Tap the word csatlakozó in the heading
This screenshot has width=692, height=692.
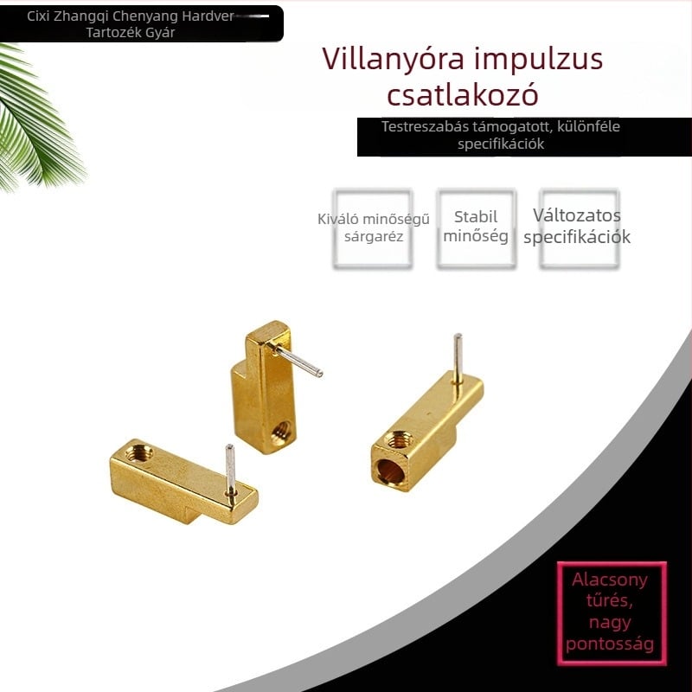point(463,94)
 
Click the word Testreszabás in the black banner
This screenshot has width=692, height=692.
point(425,126)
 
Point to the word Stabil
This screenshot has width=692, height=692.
point(475,217)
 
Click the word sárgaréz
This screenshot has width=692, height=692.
point(374,237)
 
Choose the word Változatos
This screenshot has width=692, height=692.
point(576,215)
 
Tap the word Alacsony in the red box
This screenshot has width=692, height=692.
point(610,580)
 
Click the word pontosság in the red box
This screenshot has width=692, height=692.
point(610,644)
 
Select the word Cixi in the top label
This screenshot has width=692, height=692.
point(38,16)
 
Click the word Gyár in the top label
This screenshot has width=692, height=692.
point(163,32)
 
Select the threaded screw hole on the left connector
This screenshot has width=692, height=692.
point(139,452)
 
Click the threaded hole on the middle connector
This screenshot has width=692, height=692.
point(280,433)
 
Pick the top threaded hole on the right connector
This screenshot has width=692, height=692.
point(399,439)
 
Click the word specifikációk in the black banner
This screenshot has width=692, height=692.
point(501,144)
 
